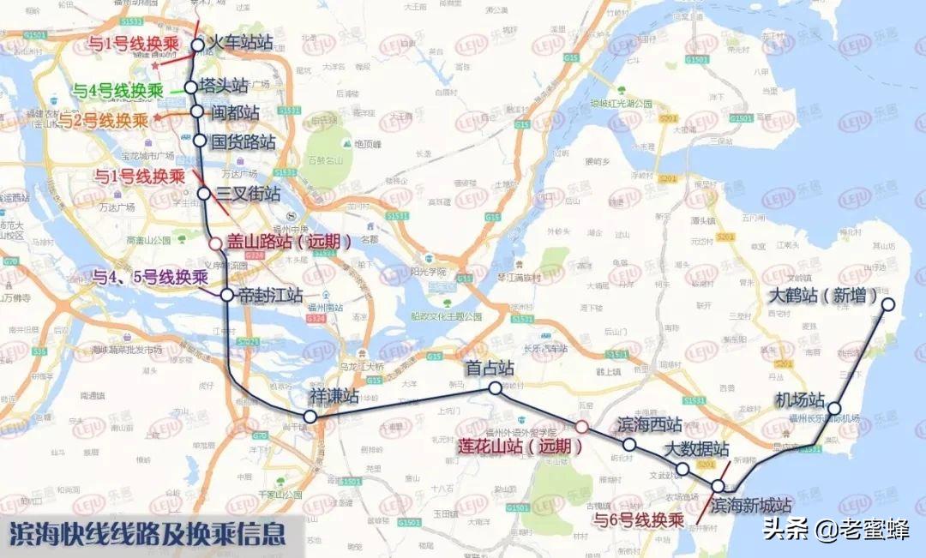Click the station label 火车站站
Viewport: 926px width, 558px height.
pos(242,44)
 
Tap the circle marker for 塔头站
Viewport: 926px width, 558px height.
pos(190,87)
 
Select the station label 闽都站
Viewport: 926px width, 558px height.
pos(235,112)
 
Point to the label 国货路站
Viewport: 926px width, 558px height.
pos(244,141)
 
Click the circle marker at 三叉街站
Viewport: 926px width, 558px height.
pos(204,194)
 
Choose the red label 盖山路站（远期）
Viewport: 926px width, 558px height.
pos(290,243)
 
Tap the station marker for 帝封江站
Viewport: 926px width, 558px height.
pos(226,295)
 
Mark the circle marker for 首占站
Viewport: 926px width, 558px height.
pos(495,388)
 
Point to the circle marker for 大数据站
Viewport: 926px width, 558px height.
pos(682,469)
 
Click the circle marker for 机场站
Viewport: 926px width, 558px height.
pos(833,410)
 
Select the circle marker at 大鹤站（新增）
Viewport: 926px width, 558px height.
pos(888,304)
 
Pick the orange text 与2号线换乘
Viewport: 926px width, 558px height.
pos(103,120)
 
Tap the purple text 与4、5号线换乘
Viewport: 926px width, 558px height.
pos(150,278)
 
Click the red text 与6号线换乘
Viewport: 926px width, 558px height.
pos(639,519)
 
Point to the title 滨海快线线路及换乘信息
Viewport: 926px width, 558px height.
pos(147,535)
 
